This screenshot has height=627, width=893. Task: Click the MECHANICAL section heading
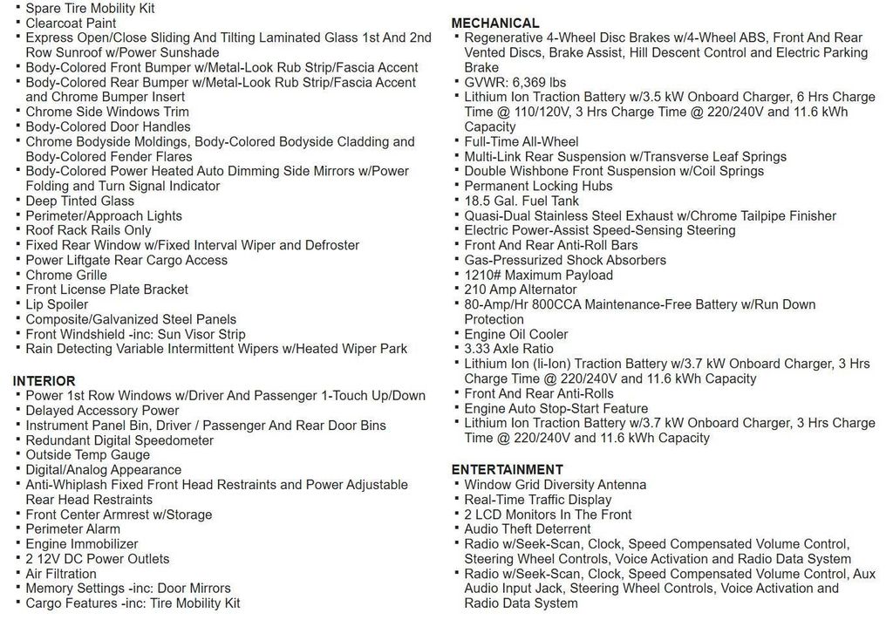point(495,24)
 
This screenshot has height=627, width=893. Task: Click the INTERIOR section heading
point(44,381)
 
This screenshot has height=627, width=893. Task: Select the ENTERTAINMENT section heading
point(508,469)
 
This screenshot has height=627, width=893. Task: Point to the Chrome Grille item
point(66,275)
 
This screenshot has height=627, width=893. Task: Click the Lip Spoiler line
point(57,304)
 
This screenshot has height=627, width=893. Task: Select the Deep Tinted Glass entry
point(79,201)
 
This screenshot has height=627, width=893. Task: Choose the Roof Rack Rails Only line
point(88,230)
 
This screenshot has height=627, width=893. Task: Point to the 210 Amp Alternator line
point(520,290)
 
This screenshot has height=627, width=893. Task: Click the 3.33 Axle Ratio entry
point(508,349)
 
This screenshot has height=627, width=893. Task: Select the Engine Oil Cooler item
point(515,334)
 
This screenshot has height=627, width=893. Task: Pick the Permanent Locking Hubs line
point(538,186)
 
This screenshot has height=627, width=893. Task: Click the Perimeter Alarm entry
point(72,528)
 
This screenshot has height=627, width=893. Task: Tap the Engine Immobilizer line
point(81,543)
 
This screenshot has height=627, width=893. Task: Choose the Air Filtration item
point(61,573)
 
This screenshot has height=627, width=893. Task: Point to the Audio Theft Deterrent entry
point(527,528)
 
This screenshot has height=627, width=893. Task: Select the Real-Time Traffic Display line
point(537,500)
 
